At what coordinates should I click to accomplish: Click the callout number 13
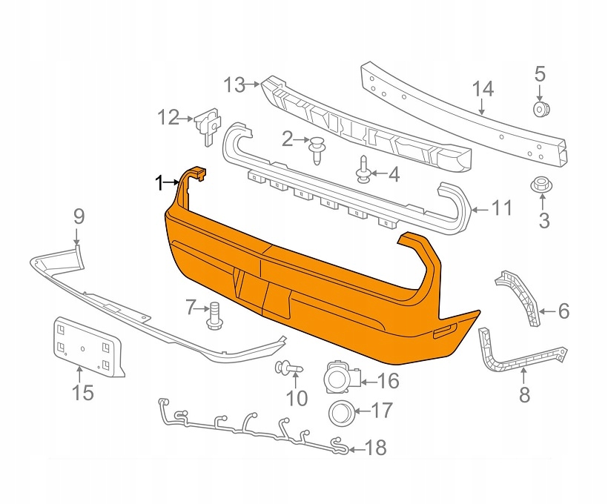(x=235, y=85)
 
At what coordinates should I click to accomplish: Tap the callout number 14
(x=483, y=89)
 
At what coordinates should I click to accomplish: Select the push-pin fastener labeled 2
(x=317, y=150)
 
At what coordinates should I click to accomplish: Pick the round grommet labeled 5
(x=540, y=109)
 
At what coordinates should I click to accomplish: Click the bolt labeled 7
(x=214, y=315)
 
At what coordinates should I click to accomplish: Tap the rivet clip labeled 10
(x=289, y=367)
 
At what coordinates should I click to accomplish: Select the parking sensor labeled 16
(x=341, y=377)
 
